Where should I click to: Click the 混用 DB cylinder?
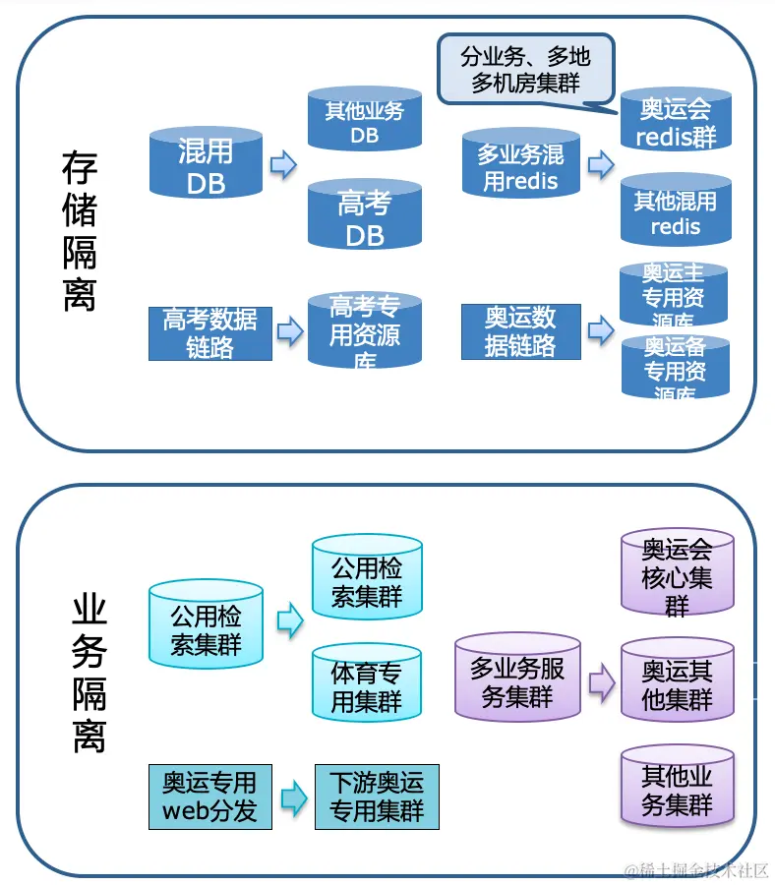[x=206, y=165]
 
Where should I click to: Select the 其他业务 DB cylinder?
[x=365, y=120]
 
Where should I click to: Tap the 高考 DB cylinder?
[x=365, y=216]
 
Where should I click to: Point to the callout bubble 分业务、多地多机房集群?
[x=525, y=69]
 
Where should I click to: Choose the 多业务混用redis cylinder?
[x=520, y=166]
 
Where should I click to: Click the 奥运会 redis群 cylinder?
[x=676, y=121]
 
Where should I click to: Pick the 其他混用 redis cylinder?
[x=676, y=211]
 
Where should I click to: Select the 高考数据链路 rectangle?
[x=209, y=332]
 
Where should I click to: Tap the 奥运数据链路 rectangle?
[x=520, y=331]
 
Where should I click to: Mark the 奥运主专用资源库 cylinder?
[x=674, y=294]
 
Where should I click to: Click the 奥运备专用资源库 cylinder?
[x=675, y=367]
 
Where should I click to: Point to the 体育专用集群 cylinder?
[x=366, y=685]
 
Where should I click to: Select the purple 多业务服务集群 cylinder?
[x=517, y=680]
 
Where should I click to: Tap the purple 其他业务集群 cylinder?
[x=677, y=788]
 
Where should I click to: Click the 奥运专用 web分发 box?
[x=209, y=796]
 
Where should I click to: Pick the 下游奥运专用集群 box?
[x=376, y=796]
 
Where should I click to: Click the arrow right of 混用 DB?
[x=283, y=165]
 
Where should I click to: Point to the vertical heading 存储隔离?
[x=80, y=232]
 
